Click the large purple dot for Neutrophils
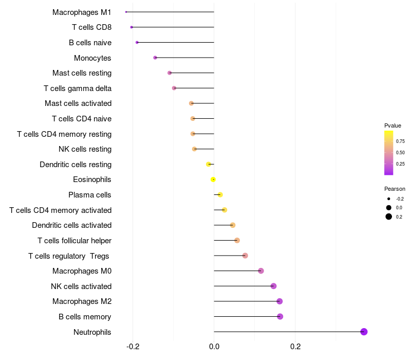click(x=364, y=332)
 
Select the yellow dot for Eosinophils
click(x=213, y=179)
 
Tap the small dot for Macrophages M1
click(x=126, y=12)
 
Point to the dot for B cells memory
click(x=280, y=316)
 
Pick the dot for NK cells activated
click(x=273, y=286)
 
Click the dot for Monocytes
click(x=155, y=58)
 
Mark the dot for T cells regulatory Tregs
click(x=245, y=256)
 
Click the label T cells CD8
click(x=91, y=27)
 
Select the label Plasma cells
click(x=90, y=195)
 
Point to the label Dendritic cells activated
click(x=71, y=225)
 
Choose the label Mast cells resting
click(x=82, y=73)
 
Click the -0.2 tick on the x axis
click(x=133, y=347)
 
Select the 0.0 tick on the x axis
click(x=214, y=347)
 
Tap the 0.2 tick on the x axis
click(x=295, y=347)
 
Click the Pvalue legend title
click(x=393, y=125)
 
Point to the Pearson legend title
click(x=395, y=189)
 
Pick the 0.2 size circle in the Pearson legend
click(x=389, y=217)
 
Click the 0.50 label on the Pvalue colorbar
click(x=400, y=153)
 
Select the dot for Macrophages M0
click(x=261, y=271)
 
